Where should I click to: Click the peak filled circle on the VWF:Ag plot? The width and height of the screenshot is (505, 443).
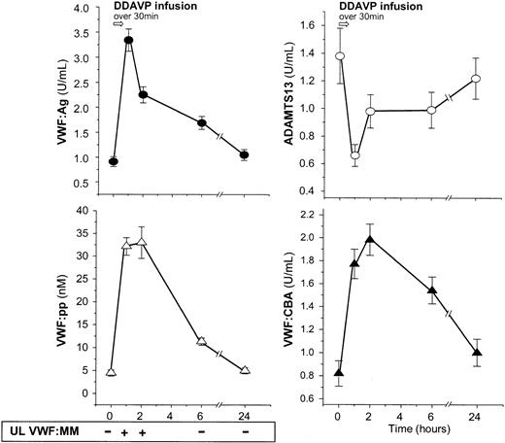127,40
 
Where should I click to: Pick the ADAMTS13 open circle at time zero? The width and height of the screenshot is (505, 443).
340,56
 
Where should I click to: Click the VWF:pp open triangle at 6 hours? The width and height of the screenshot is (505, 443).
201,341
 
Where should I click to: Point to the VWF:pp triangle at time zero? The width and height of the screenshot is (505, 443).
112,372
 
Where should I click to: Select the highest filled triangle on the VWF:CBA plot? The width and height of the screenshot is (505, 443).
371,238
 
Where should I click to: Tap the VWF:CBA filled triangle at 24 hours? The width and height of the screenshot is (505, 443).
476,353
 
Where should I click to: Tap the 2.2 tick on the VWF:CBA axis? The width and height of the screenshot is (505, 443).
313,215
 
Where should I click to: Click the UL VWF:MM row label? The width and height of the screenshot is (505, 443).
49,427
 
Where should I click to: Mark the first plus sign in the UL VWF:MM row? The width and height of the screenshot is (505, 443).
126,427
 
